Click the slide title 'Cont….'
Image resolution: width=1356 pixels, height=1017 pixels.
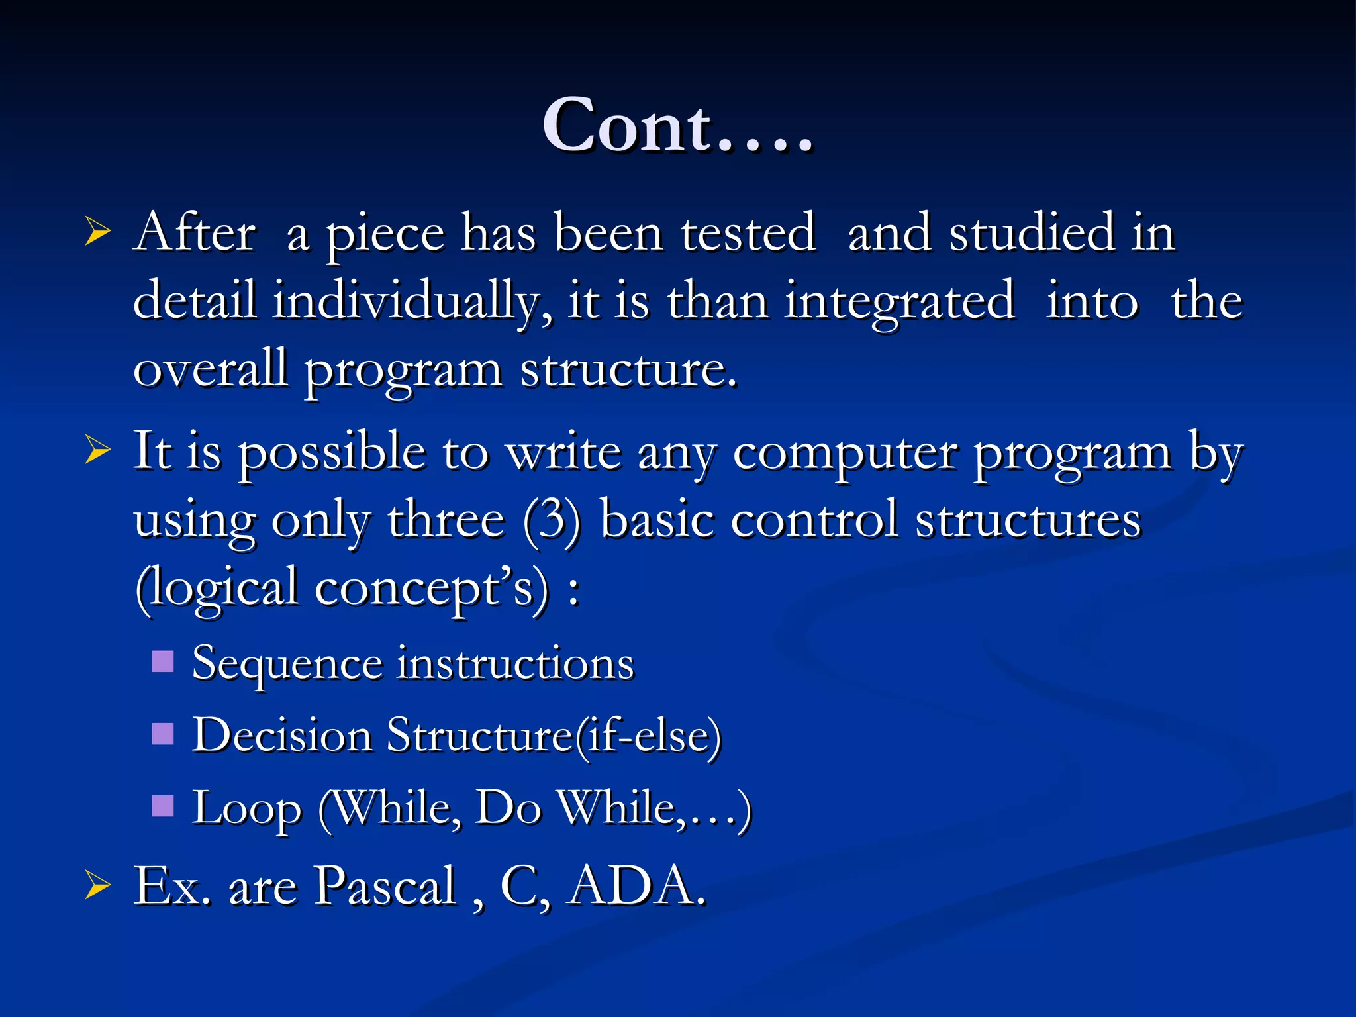coord(677,126)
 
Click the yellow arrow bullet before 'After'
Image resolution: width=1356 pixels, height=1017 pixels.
coord(97,233)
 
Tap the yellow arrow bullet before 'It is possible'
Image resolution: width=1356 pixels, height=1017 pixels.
coord(97,452)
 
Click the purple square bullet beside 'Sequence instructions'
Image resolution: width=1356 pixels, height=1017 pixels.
coord(163,661)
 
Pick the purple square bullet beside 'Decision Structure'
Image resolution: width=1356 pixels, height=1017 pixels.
coord(163,734)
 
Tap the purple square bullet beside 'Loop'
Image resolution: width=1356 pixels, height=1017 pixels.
coord(163,806)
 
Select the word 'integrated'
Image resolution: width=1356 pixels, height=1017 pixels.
coord(900,301)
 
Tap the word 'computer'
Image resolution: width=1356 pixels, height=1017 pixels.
coord(845,454)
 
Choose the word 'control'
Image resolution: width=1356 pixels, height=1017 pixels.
coord(814,520)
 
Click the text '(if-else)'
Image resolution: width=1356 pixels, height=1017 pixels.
coord(648,736)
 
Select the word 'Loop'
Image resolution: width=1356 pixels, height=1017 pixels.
coord(246,809)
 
